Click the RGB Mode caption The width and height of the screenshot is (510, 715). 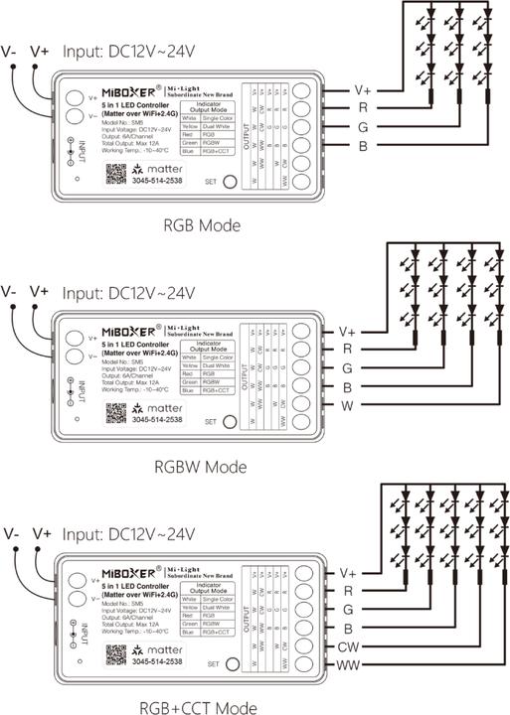(202, 225)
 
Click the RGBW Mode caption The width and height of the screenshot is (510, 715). (202, 466)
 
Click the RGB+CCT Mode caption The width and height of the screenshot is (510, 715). (202, 707)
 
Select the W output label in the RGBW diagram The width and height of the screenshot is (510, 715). (345, 406)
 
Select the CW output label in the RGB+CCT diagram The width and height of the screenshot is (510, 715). (348, 646)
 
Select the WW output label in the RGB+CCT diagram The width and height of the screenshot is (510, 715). (349, 665)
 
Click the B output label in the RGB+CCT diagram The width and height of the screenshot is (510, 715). (347, 628)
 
